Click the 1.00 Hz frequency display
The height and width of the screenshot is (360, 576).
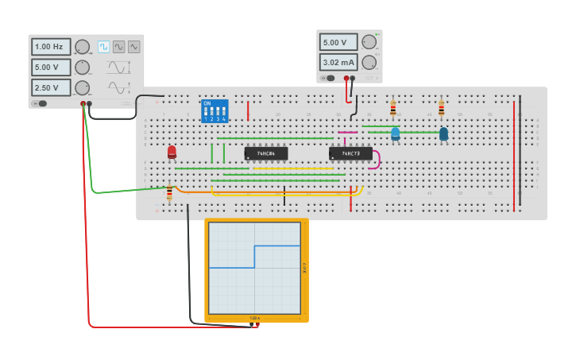tap(51, 47)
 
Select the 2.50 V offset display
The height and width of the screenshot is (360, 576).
tap(51, 87)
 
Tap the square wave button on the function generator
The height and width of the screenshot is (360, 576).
tap(103, 47)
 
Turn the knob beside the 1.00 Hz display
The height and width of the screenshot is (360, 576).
tap(82, 47)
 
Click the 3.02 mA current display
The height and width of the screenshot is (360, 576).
tap(338, 62)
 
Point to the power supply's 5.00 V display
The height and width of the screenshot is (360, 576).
tap(338, 42)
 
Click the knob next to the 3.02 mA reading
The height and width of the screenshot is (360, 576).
tap(369, 62)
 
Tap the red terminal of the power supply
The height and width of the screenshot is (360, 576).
tap(346, 78)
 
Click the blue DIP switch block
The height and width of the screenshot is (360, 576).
tap(215, 110)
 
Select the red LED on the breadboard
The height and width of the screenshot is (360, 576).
tap(172, 151)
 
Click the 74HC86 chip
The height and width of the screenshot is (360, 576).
tap(266, 153)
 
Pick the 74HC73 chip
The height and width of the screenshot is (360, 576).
tap(350, 153)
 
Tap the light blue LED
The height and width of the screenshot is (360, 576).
tap(395, 134)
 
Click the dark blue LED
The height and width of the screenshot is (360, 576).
tap(443, 134)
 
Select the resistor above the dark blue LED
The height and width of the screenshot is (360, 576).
tap(441, 108)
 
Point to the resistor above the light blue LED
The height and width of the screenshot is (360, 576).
tap(392, 108)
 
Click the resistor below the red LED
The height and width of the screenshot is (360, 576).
tap(168, 192)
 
